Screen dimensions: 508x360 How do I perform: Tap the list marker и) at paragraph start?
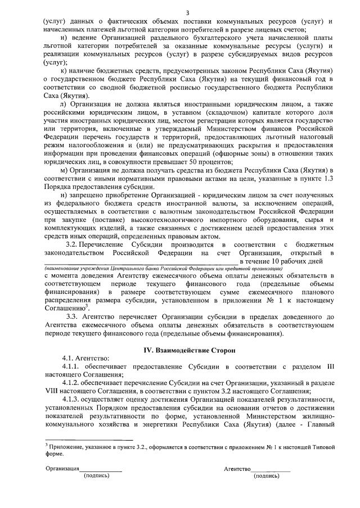click(x=64, y=38)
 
